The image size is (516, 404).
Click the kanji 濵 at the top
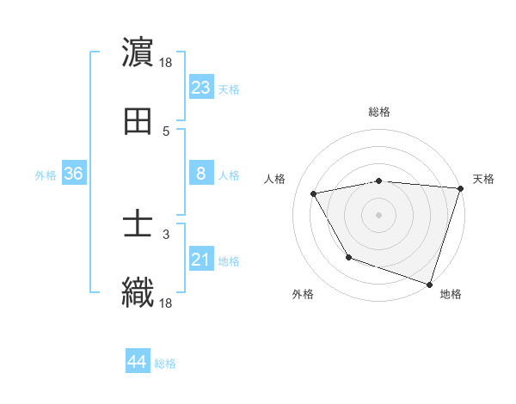pos(138,53)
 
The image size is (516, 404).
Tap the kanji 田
pos(138,121)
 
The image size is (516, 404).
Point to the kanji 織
pos(138,292)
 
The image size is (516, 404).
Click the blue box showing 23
pos(200,88)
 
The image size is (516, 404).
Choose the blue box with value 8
pos(200,174)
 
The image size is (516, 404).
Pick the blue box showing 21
pos(200,260)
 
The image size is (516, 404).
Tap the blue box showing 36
pos(73,174)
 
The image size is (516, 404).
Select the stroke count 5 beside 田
pos(166,131)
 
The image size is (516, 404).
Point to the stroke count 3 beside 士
pos(166,234)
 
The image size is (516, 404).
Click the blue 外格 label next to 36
pos(46,174)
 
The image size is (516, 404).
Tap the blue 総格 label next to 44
pos(165,364)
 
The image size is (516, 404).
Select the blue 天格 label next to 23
pos(228,89)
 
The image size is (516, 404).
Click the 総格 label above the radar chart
pos(378,112)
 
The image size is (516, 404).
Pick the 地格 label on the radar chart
pos(451,294)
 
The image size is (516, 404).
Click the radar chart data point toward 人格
pos(314,194)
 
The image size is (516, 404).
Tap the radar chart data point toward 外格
pos(348,257)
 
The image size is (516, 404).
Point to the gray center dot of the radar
pos(378,214)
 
